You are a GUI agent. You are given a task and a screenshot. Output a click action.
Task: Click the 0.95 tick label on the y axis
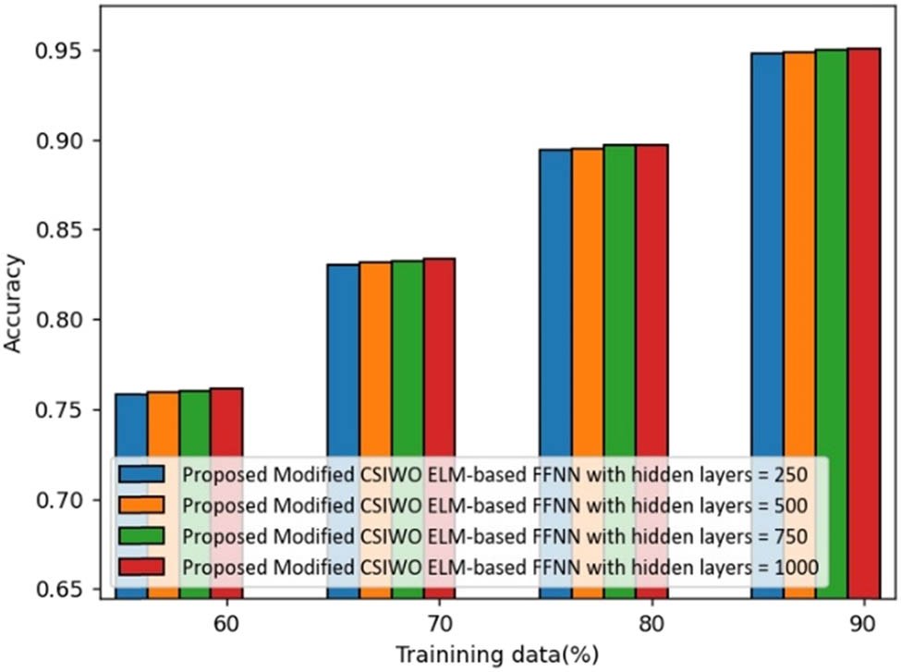click(x=56, y=50)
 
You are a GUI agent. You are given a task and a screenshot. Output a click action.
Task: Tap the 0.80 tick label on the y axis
click(x=56, y=321)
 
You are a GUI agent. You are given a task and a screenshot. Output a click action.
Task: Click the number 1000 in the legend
click(x=795, y=567)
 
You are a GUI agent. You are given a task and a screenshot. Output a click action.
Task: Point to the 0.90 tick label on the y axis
click(x=56, y=141)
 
